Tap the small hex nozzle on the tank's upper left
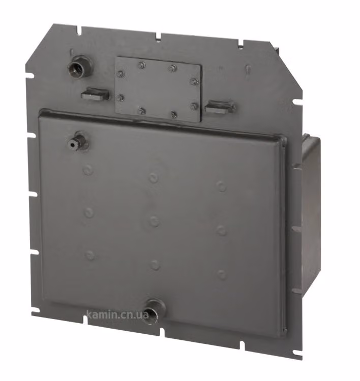click(78, 142)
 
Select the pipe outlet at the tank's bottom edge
click(154, 311)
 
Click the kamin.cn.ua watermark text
click(118, 315)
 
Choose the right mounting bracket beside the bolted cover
click(220, 107)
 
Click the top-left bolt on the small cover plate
click(121, 74)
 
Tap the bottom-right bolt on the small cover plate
click(194, 106)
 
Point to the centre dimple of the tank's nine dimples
click(154, 221)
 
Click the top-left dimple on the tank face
click(88, 169)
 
